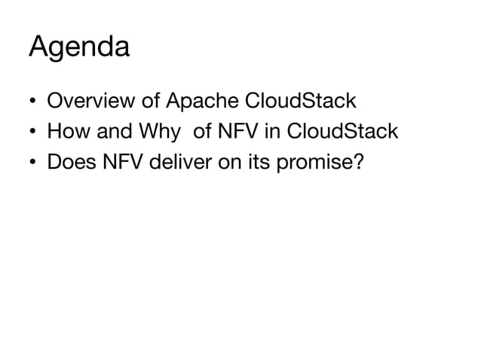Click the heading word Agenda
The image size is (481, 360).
(79, 47)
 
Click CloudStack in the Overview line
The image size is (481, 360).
(302, 99)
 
